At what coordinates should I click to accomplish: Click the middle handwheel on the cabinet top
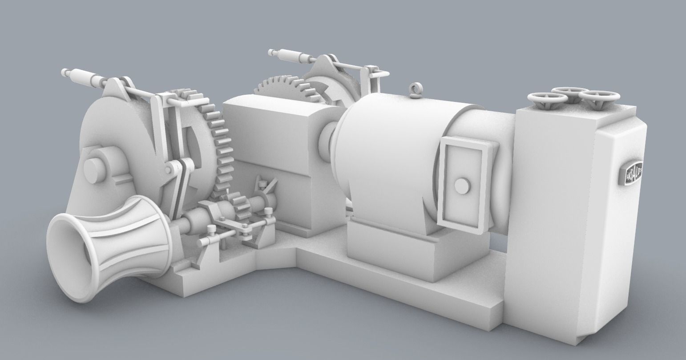[568, 92]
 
